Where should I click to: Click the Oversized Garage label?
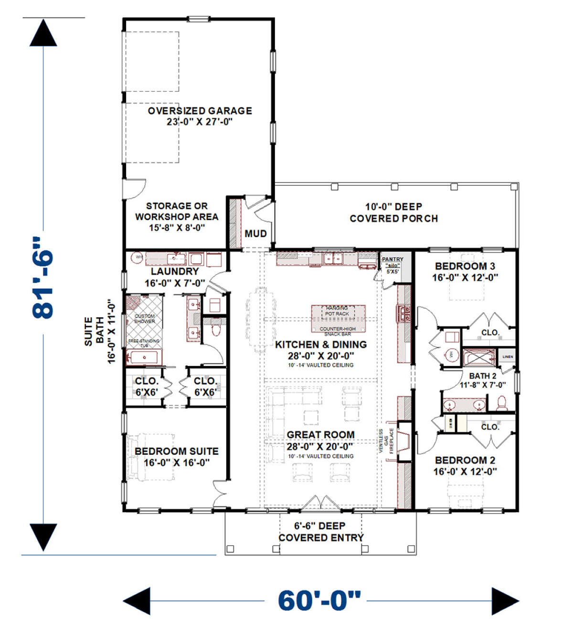click(x=200, y=111)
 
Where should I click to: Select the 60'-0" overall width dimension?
click(x=319, y=600)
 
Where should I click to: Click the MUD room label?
click(x=255, y=233)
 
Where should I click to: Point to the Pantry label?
click(x=393, y=259)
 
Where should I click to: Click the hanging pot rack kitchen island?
click(x=338, y=318)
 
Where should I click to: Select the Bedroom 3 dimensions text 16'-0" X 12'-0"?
click(x=465, y=278)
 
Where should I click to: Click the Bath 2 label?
click(x=482, y=376)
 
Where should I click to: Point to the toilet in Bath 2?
click(x=501, y=404)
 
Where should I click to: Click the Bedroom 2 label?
click(x=465, y=460)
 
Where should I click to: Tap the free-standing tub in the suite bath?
click(x=144, y=356)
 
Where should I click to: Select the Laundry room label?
click(x=175, y=272)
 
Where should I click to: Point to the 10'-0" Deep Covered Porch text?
click(x=393, y=212)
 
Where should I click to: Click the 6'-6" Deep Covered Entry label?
click(x=320, y=531)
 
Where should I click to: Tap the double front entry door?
click(x=320, y=503)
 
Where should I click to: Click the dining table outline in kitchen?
click(x=261, y=319)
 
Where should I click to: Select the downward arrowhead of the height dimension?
click(x=43, y=537)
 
